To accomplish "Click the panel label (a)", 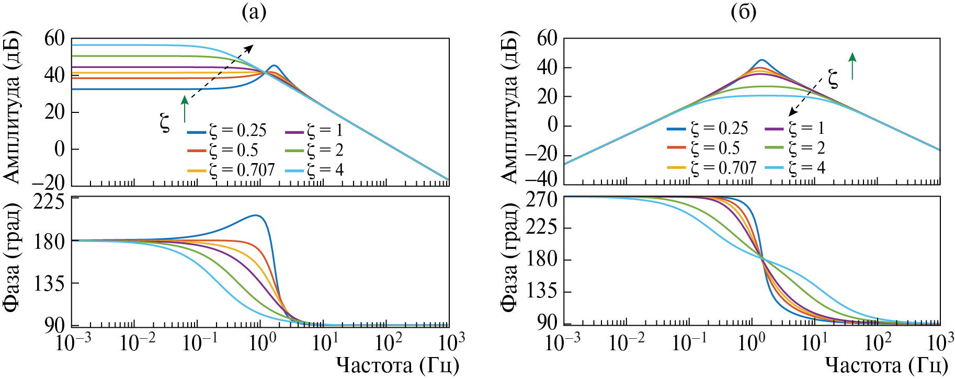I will (254, 12).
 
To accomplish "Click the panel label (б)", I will (743, 12).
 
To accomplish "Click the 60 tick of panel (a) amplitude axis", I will (54, 38).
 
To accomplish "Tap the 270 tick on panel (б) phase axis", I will (542, 199).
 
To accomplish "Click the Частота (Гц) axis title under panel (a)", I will (397, 365).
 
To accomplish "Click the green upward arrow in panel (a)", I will (184, 108).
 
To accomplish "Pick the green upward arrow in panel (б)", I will (852, 66).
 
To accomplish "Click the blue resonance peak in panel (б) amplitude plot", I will (761, 60).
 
